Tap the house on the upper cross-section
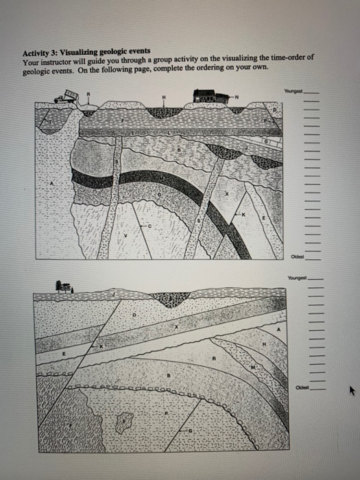pos(209,97)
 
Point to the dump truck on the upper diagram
pos(67,99)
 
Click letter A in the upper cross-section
pos(52,184)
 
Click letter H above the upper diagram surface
pos(163,96)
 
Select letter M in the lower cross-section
pos(253,369)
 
